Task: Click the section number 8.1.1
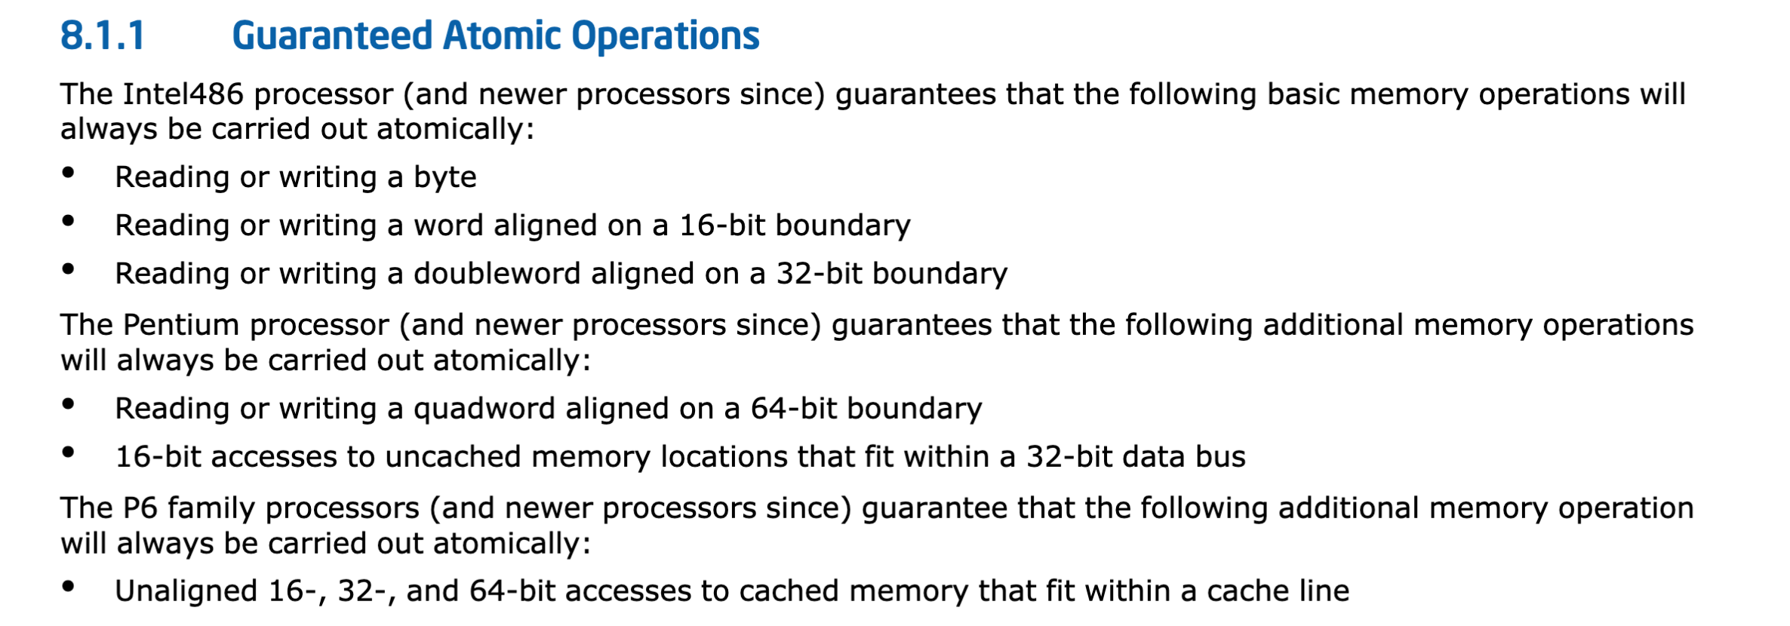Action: (x=102, y=35)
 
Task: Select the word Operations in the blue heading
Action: (x=665, y=35)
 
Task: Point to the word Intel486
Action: (x=183, y=94)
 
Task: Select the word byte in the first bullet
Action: (x=444, y=177)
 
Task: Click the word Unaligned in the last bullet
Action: (x=186, y=591)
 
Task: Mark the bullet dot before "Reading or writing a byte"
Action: (x=69, y=173)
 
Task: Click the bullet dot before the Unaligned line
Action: (x=69, y=588)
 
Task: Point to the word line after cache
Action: (x=1323, y=591)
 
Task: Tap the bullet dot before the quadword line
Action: (x=69, y=405)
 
